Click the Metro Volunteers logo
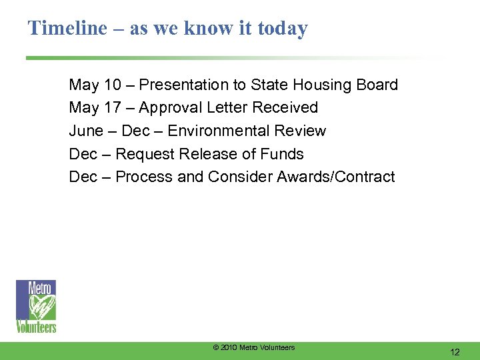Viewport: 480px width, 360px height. pyautogui.click(x=36, y=306)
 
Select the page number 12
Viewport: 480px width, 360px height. pyautogui.click(x=455, y=351)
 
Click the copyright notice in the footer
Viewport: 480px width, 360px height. pyautogui.click(x=253, y=347)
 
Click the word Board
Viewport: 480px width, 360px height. pyautogui.click(x=377, y=85)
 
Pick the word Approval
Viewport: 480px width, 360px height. pyautogui.click(x=167, y=107)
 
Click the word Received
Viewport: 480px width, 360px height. pyautogui.click(x=289, y=107)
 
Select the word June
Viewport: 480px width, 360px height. pyautogui.click(x=87, y=131)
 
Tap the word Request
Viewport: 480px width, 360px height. pyautogui.click(x=143, y=154)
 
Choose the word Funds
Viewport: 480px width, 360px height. pyautogui.click(x=283, y=154)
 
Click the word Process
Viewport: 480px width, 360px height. pyautogui.click(x=143, y=177)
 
